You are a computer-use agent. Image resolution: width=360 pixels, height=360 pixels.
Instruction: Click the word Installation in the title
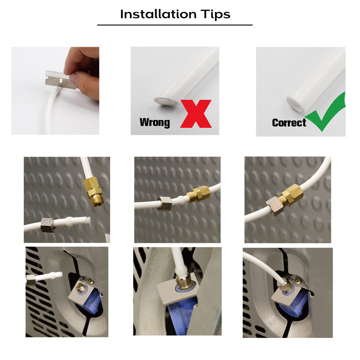(x=158, y=14)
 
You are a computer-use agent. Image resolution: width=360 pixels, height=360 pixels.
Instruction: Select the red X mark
(x=196, y=114)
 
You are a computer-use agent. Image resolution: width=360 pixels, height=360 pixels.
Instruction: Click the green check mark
(x=325, y=114)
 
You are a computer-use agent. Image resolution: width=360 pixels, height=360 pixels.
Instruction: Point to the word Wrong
(x=154, y=122)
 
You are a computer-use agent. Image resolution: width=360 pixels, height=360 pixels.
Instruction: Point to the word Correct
(x=289, y=123)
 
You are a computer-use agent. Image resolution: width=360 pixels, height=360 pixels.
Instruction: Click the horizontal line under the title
(x=175, y=25)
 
